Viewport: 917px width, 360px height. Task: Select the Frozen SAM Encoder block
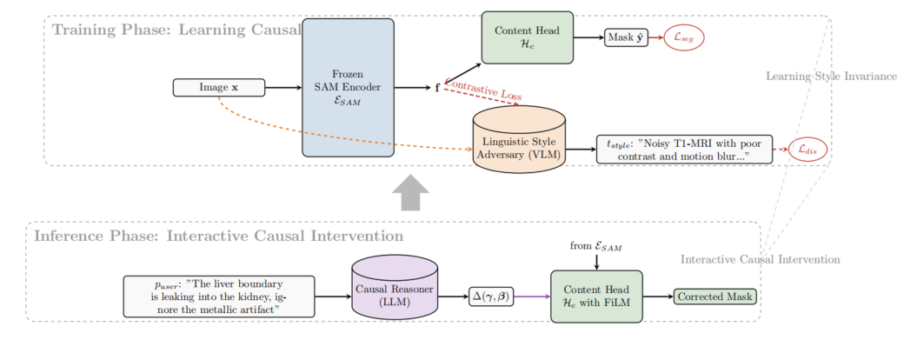(348, 88)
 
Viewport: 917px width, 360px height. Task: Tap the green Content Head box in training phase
(528, 37)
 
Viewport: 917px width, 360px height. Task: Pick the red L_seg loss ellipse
(684, 37)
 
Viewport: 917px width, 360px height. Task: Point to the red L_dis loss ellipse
(808, 150)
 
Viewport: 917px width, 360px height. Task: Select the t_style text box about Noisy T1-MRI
(684, 150)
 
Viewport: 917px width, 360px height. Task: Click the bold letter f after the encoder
(437, 88)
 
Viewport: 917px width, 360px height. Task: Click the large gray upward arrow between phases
(410, 191)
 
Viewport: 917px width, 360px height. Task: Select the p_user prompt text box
(219, 297)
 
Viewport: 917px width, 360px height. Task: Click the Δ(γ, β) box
(491, 297)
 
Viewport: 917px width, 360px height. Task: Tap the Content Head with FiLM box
(595, 297)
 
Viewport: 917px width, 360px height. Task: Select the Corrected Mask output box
(715, 297)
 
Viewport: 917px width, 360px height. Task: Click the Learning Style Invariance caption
(831, 77)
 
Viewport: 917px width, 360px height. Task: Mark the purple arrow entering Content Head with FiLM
(532, 297)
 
